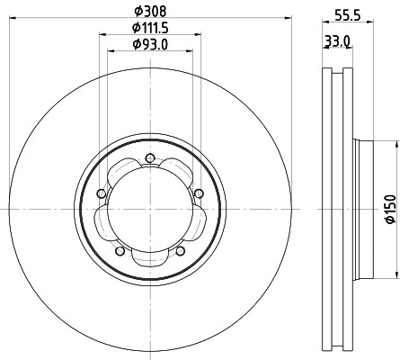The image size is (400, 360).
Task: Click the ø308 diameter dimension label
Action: pos(150,12)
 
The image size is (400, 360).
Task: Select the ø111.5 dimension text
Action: pos(150,28)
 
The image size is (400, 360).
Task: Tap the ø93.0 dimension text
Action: pos(150,45)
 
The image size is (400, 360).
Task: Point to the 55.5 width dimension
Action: pos(347,15)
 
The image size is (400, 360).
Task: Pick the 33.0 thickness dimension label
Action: pos(338,40)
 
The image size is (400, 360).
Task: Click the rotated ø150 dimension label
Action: pos(391,209)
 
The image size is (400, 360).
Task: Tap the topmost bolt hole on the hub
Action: pos(149,158)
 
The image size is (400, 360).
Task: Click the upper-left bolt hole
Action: pos(102,193)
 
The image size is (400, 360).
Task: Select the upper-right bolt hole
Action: pos(199,193)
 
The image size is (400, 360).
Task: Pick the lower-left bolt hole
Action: pos(120,251)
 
